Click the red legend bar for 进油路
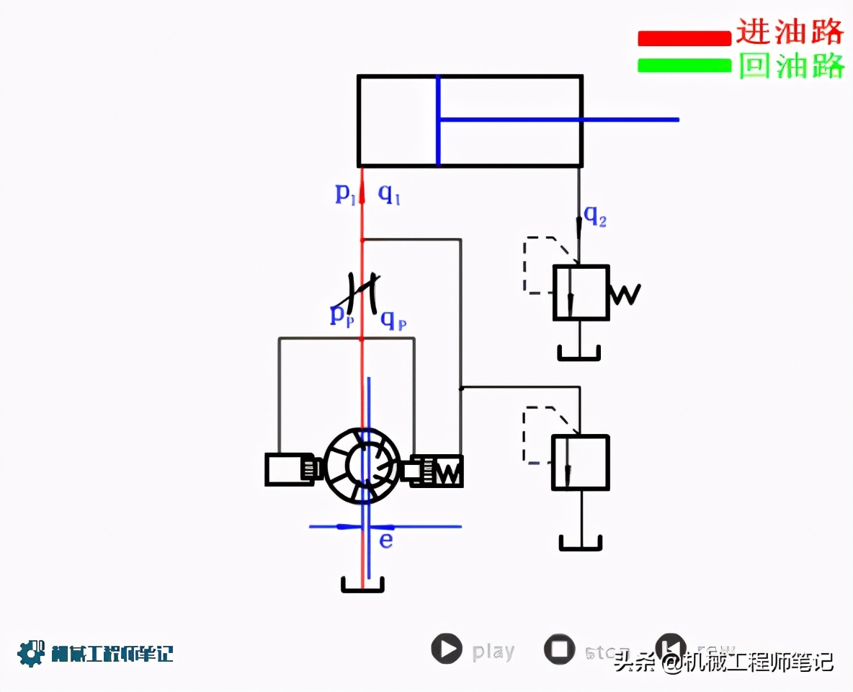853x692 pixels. pos(684,37)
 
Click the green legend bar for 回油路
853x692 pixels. pos(684,66)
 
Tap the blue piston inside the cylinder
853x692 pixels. pos(437,121)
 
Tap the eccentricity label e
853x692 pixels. pos(386,540)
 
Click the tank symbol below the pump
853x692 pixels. pos(362,585)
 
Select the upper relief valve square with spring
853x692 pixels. pos(581,293)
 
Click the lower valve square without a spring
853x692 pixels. pos(580,463)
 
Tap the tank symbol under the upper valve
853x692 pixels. pos(579,352)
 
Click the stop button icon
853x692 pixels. pos(559,649)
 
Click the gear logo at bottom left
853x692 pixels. pos(30,653)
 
